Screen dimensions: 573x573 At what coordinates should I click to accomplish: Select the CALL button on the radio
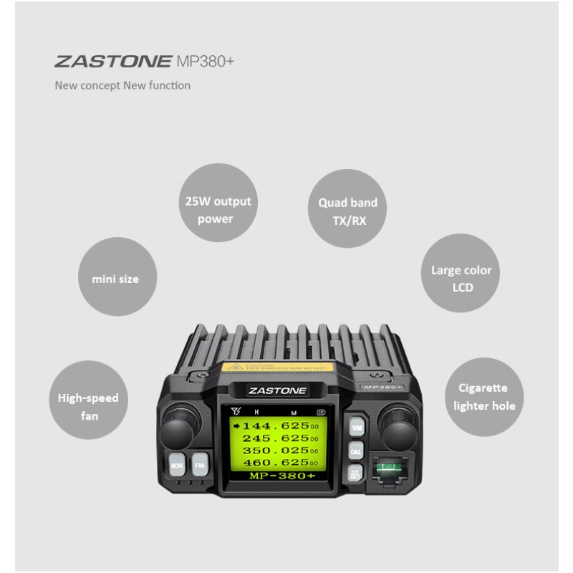pyautogui.click(x=356, y=452)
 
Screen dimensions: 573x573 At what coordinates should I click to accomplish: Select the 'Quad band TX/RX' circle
pyautogui.click(x=347, y=210)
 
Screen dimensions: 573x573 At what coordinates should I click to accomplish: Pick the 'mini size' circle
pyautogui.click(x=116, y=277)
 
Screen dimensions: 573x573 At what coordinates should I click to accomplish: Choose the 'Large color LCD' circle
pyautogui.click(x=461, y=277)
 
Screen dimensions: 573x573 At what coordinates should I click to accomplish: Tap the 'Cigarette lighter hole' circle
pyautogui.click(x=483, y=398)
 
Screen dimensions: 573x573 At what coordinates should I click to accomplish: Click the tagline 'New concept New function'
pyautogui.click(x=123, y=86)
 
